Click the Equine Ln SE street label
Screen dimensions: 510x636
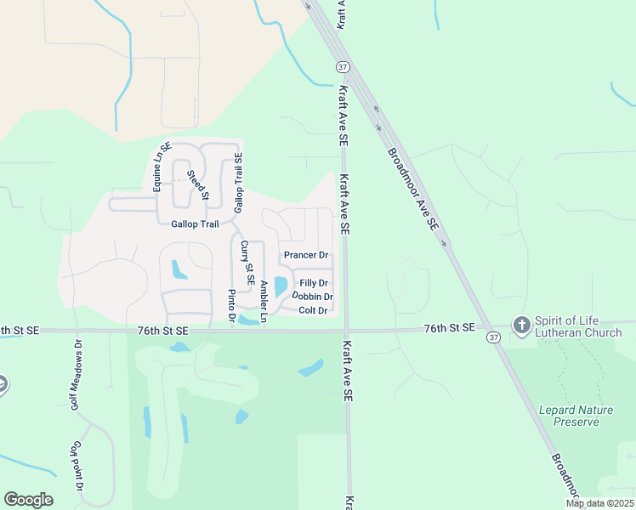[157, 167]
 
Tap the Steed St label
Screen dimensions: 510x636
[197, 184]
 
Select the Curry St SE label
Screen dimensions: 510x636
[247, 262]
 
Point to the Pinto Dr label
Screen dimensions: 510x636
[230, 306]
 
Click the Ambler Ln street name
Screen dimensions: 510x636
[264, 301]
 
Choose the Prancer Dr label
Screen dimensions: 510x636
[306, 255]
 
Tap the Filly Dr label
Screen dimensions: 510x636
[314, 283]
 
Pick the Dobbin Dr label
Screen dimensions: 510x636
[312, 297]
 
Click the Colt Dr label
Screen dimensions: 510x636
[313, 311]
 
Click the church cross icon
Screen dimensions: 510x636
[520, 325]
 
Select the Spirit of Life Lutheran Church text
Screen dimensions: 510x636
[578, 326]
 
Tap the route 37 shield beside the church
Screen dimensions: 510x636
[493, 337]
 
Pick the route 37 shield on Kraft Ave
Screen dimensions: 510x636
[342, 66]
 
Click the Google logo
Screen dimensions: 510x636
[28, 500]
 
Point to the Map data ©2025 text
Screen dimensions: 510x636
[599, 503]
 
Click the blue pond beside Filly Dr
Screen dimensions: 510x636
[281, 286]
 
